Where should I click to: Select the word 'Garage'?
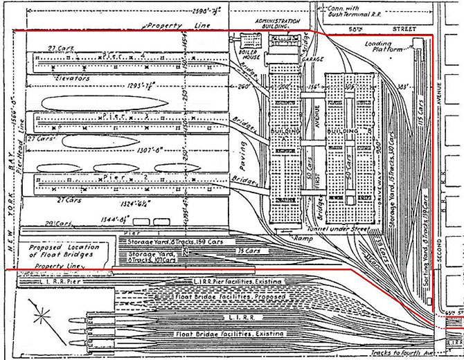point(313,60)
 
